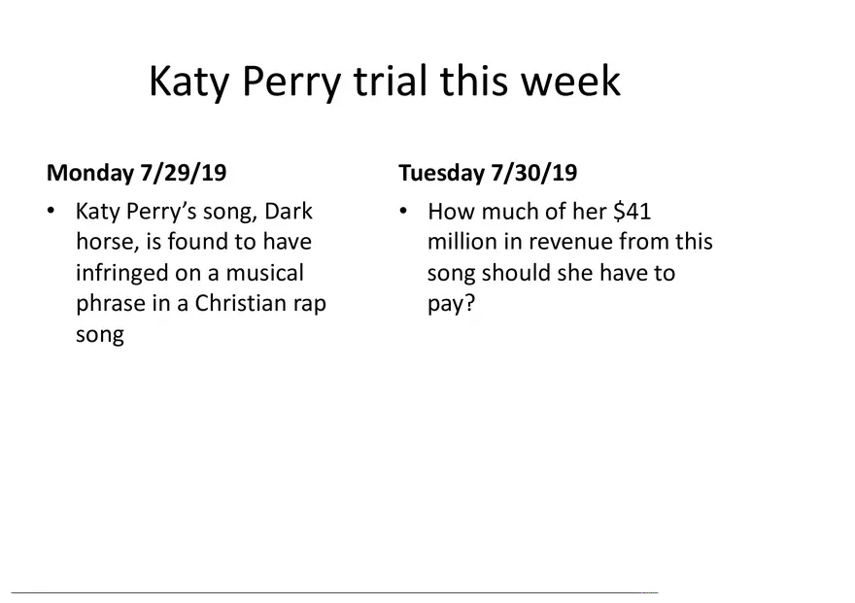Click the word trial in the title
click(x=391, y=81)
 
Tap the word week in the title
click(x=570, y=81)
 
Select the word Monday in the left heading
click(x=90, y=173)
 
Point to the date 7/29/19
click(x=184, y=173)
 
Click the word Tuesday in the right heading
click(x=442, y=173)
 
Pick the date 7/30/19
click(x=533, y=173)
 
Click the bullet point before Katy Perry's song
click(x=51, y=211)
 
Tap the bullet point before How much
click(x=403, y=211)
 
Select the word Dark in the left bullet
click(x=289, y=211)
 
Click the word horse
click(x=108, y=242)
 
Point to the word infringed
click(x=121, y=273)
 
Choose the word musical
click(x=264, y=272)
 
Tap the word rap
click(x=310, y=306)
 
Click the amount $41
click(x=632, y=211)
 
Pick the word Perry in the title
click(x=291, y=83)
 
